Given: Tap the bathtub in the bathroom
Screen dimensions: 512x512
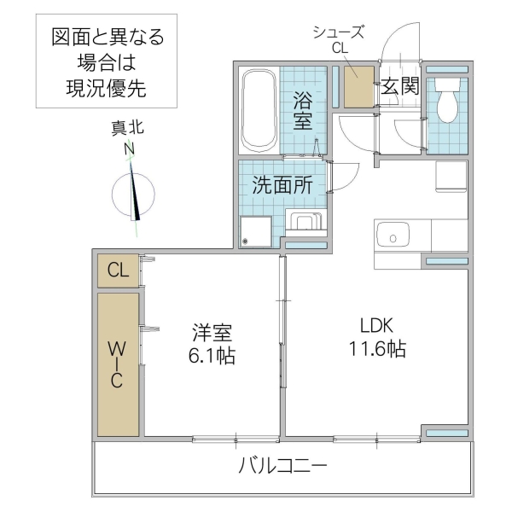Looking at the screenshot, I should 258,109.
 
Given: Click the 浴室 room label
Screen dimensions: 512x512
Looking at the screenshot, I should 303,109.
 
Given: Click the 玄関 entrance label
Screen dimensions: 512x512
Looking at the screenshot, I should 399,86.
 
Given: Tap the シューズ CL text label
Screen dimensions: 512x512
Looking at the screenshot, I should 339,40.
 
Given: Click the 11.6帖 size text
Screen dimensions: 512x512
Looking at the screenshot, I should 376,348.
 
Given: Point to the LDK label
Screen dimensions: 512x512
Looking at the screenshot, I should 375,325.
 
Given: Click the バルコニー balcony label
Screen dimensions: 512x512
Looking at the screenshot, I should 282,467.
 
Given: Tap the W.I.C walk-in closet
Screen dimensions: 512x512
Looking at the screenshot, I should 118,364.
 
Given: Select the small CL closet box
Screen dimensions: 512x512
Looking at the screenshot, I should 118,271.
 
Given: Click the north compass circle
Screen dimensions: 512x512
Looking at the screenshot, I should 134,195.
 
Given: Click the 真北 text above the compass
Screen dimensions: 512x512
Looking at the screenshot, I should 128,129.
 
